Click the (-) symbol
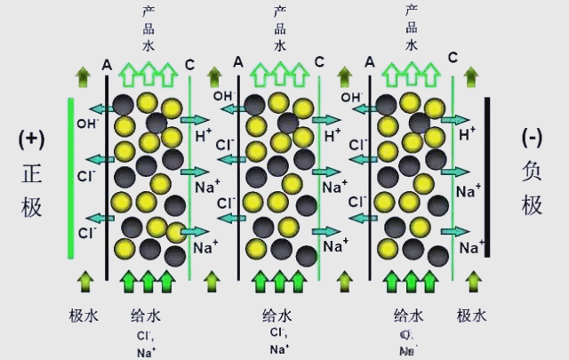pos(532,139)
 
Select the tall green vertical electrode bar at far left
pos(71,178)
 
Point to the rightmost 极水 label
pos(471,315)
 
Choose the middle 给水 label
pos(279,315)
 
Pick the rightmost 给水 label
pos(410,315)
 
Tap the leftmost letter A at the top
pos(107,63)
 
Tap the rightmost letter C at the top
pos(453,59)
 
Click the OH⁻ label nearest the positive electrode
pos(87,124)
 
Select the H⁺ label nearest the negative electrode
pos(466,135)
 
